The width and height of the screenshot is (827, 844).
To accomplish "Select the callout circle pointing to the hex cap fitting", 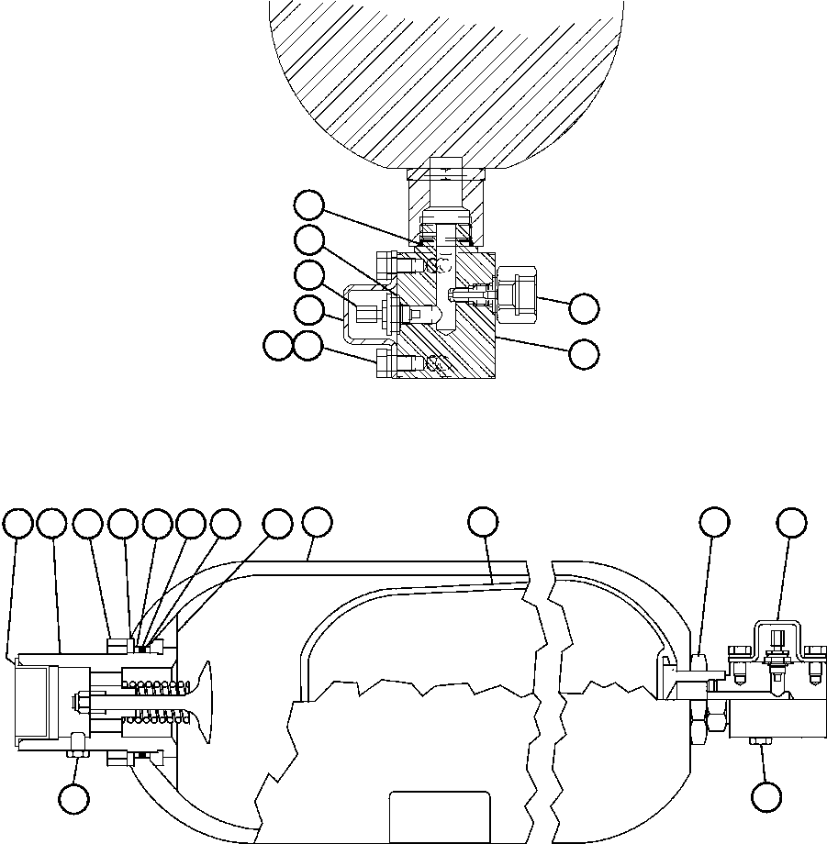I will click(x=584, y=308).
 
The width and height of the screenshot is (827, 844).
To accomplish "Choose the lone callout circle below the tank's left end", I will click(x=74, y=798).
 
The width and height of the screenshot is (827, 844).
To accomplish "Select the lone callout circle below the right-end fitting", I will click(x=766, y=796).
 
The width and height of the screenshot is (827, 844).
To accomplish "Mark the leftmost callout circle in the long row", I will click(x=18, y=523).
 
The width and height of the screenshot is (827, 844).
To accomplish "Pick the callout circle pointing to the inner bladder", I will click(x=483, y=522).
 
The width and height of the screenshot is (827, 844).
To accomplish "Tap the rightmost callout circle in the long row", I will click(x=791, y=522).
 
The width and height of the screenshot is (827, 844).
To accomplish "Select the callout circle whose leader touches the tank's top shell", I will click(x=317, y=522).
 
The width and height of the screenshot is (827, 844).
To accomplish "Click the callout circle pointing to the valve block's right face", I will click(x=584, y=354).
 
